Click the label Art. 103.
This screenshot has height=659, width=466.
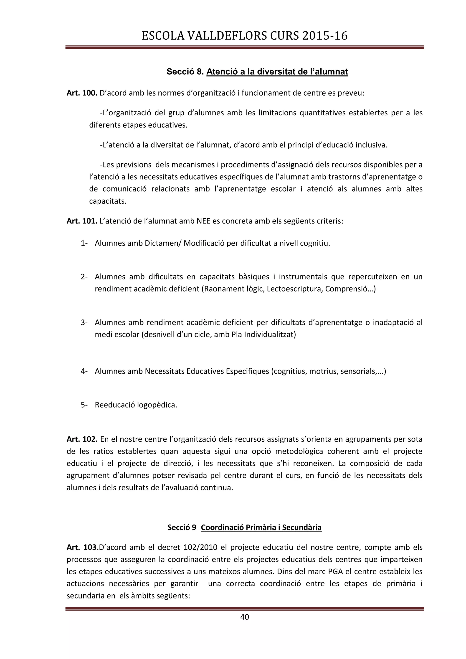pyautogui.click(x=82, y=547)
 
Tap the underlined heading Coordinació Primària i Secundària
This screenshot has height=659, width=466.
pyautogui.click(x=261, y=527)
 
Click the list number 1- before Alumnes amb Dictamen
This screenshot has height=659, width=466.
pyautogui.click(x=84, y=243)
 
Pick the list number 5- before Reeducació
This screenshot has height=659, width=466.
pyautogui.click(x=84, y=405)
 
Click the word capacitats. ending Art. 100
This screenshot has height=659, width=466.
pyautogui.click(x=108, y=201)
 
